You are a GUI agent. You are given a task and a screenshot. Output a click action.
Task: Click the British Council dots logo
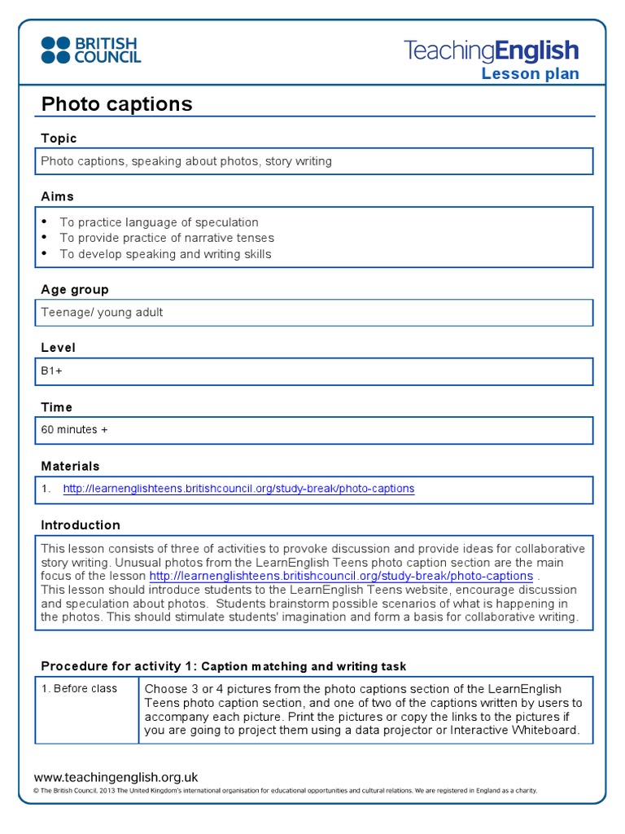(55, 50)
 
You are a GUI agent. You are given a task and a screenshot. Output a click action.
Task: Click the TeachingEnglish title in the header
(491, 51)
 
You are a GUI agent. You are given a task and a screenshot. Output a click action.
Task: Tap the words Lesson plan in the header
(530, 74)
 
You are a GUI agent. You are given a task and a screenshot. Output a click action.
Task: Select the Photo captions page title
(116, 104)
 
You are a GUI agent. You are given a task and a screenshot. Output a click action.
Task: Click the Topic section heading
(59, 138)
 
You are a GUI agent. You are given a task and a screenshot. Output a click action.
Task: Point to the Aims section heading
(57, 196)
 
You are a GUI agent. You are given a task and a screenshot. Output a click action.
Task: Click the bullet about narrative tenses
(167, 238)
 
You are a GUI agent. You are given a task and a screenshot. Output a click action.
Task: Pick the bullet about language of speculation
(159, 222)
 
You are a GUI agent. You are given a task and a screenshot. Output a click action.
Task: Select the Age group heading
(74, 289)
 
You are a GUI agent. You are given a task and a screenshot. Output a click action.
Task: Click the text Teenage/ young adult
(102, 312)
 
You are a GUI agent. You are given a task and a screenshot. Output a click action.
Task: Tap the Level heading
(58, 348)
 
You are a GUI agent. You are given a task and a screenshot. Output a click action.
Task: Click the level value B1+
(51, 371)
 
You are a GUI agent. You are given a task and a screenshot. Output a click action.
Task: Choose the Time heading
(56, 407)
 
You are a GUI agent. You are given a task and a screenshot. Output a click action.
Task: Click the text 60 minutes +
(74, 429)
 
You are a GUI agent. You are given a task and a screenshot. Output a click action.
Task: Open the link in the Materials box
(238, 489)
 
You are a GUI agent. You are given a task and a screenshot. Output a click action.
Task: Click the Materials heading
(70, 466)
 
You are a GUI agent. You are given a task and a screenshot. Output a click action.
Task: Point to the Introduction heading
(80, 525)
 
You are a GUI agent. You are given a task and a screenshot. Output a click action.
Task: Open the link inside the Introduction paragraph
(341, 577)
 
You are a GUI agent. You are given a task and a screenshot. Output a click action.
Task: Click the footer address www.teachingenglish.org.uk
(116, 777)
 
